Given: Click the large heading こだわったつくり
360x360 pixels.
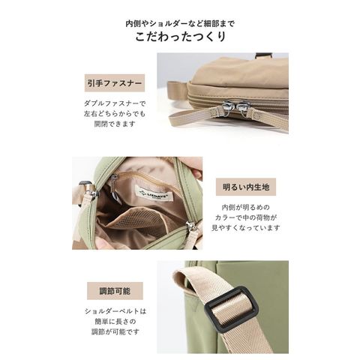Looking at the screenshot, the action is (x=181, y=37).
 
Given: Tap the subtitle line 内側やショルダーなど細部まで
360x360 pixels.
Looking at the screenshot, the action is (x=180, y=24).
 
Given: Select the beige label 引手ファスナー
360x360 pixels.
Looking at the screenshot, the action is (x=115, y=83).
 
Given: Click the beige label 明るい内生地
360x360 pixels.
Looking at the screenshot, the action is (x=246, y=187).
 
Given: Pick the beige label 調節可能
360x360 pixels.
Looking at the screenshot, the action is (x=115, y=291).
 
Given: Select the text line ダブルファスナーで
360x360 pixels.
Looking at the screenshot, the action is (x=115, y=103).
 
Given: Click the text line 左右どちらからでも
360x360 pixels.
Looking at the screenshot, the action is (x=115, y=114).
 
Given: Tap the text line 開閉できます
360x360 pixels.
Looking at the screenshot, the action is (x=115, y=124).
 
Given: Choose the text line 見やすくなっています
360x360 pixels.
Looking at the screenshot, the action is (x=246, y=228).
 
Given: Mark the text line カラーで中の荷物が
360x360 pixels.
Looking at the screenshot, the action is (x=246, y=217).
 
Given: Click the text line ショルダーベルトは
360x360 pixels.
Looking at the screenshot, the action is (x=115, y=311).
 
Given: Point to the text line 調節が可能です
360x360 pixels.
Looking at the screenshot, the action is (x=115, y=332).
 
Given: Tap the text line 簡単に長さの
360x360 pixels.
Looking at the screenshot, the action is (x=115, y=322).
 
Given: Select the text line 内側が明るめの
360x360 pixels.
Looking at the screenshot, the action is (x=246, y=208).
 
